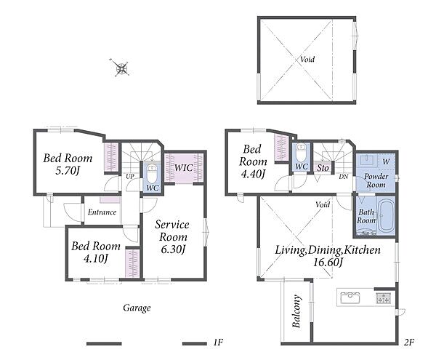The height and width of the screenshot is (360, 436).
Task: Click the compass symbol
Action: (122, 68)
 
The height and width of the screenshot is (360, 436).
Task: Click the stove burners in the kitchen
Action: (383, 298)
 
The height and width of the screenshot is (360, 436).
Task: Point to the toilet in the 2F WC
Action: (302, 152)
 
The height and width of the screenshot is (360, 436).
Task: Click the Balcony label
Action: (296, 311)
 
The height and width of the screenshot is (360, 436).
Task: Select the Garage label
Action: (137, 308)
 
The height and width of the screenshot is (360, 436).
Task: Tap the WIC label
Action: (184, 168)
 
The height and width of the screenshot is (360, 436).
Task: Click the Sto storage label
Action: (323, 168)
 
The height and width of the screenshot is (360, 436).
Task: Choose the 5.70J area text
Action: (68, 170)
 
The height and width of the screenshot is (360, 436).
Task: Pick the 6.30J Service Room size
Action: (173, 249)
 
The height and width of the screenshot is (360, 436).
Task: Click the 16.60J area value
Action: (328, 262)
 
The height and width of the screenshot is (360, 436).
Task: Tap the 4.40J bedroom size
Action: (252, 174)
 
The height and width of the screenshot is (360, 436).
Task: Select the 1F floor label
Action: (218, 343)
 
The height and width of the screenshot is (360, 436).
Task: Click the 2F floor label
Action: (409, 343)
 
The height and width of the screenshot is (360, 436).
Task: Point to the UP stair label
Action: (130, 177)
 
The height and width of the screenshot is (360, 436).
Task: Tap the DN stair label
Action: (344, 177)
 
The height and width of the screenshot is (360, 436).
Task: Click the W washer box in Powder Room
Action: (386, 161)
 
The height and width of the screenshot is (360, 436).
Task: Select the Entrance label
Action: (102, 212)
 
